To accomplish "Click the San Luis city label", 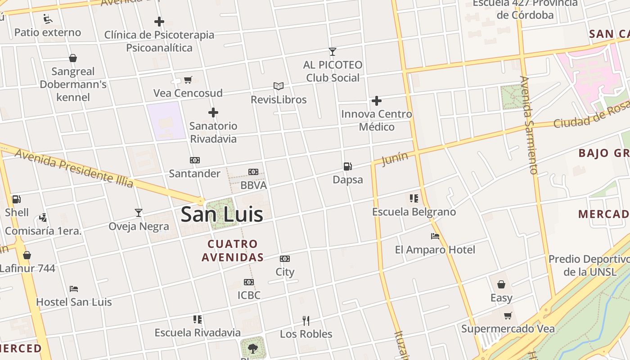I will pyautogui.click(x=222, y=214).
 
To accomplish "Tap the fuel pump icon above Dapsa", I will pyautogui.click(x=347, y=166).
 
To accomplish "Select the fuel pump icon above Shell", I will pyautogui.click(x=17, y=199).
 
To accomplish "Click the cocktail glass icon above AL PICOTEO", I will pyautogui.click(x=333, y=52).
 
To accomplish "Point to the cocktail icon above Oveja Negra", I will pyautogui.click(x=139, y=213).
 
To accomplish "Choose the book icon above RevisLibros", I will pyautogui.click(x=279, y=86).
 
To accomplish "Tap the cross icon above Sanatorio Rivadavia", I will pyautogui.click(x=213, y=112).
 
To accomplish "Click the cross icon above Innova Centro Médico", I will pyautogui.click(x=377, y=101).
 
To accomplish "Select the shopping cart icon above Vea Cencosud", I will pyautogui.click(x=188, y=80).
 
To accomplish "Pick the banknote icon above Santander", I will pyautogui.click(x=195, y=160).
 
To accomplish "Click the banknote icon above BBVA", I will pyautogui.click(x=253, y=172).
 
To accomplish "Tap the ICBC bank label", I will pyautogui.click(x=249, y=295).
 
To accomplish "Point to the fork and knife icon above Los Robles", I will pyautogui.click(x=306, y=321).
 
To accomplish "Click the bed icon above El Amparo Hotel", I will pyautogui.click(x=435, y=236).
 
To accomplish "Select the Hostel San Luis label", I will pyautogui.click(x=74, y=301).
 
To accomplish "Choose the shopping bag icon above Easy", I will pyautogui.click(x=501, y=284).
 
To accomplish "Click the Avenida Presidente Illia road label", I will pyautogui.click(x=74, y=168).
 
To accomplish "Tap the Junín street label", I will pyautogui.click(x=395, y=159).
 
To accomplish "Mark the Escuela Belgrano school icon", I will pyautogui.click(x=414, y=198).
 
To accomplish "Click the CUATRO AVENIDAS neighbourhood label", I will pyautogui.click(x=233, y=251).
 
